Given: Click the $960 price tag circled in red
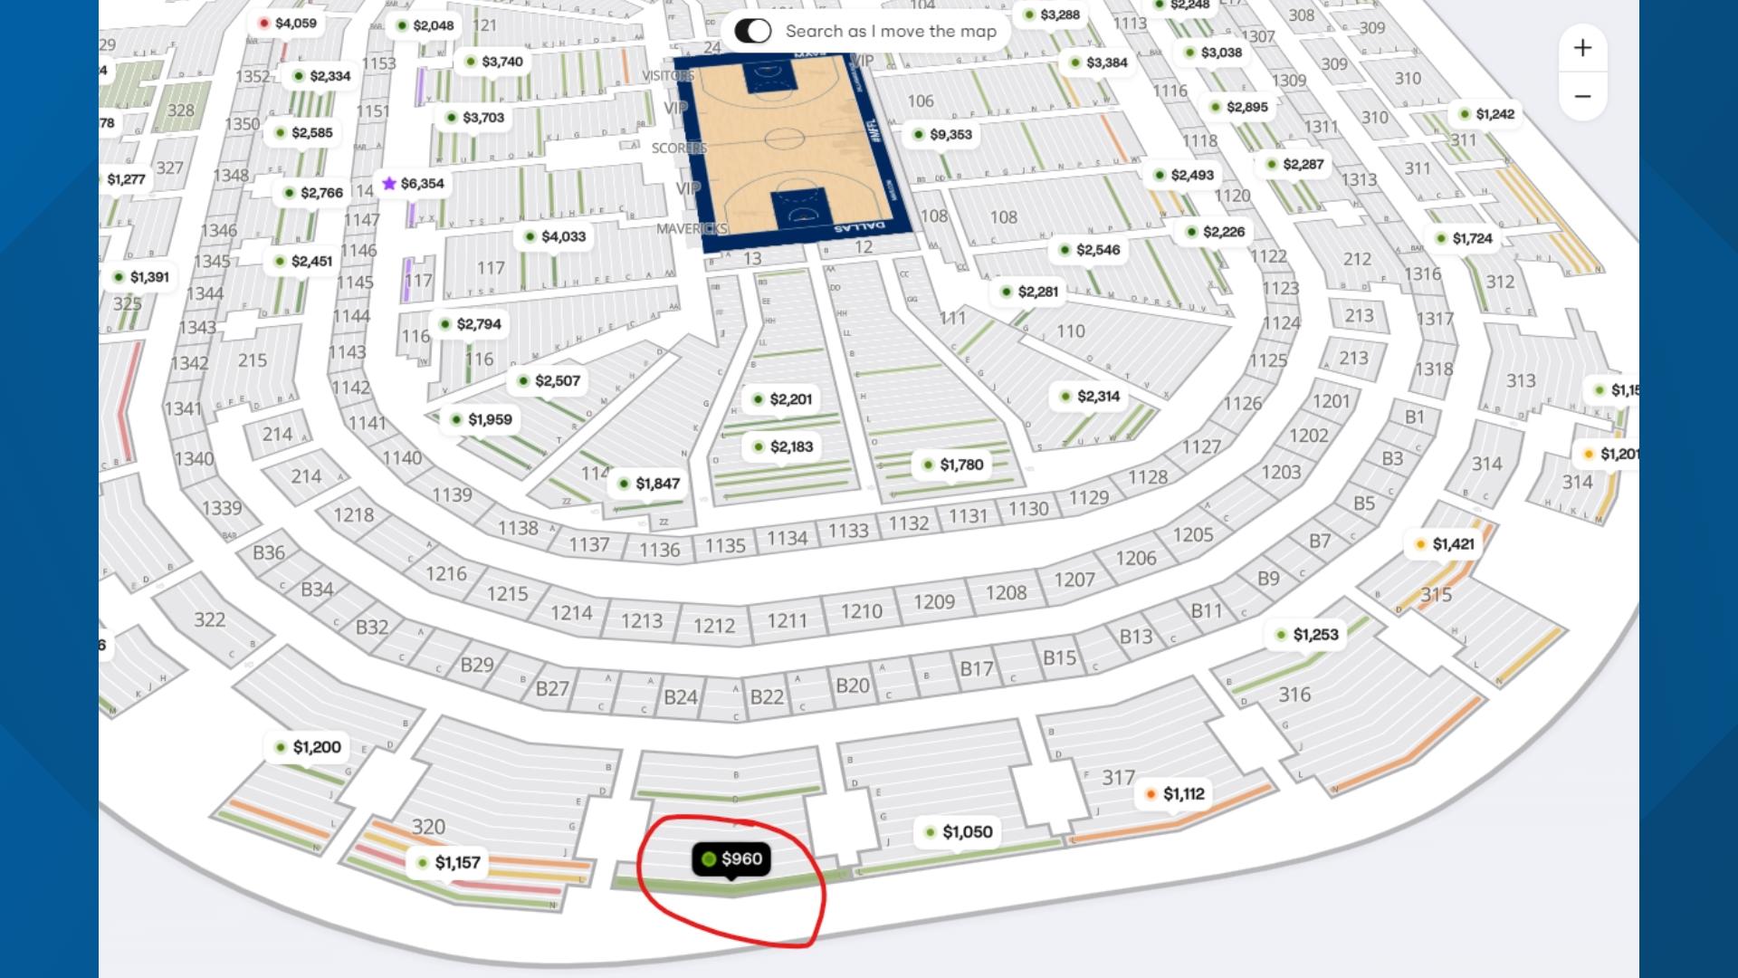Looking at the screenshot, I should (x=731, y=859).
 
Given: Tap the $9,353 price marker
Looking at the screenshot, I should (x=941, y=135).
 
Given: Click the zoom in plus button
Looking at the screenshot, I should (x=1582, y=48).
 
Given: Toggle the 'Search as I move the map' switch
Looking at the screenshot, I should (x=753, y=32).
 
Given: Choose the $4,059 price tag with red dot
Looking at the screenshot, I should (x=287, y=24).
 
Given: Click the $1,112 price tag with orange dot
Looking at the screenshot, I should (x=1174, y=794).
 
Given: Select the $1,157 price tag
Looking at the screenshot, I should (x=448, y=863).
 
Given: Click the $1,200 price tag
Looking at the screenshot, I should (x=308, y=748).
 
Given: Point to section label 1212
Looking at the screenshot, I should (x=714, y=626).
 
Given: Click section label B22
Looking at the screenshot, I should (x=767, y=696).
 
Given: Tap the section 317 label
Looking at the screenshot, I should (x=1118, y=778).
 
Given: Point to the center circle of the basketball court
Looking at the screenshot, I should (x=784, y=139).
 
